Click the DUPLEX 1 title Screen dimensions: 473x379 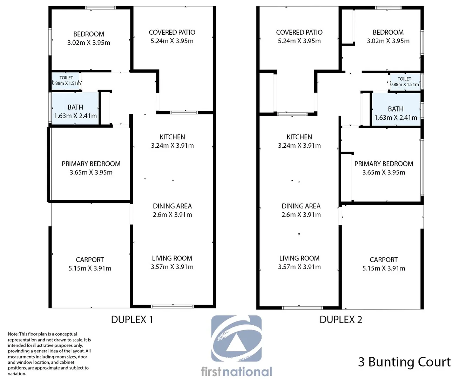point(132,320)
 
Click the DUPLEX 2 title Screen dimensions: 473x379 point(341,320)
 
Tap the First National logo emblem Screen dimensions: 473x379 point(236,338)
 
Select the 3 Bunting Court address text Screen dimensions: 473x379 point(404,362)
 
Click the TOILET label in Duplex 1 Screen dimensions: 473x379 point(66,78)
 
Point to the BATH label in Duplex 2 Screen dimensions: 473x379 point(396,109)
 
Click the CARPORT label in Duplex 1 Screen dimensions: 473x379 point(90,260)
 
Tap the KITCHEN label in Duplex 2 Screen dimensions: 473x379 point(299,137)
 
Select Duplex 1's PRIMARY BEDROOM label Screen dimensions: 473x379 point(91,164)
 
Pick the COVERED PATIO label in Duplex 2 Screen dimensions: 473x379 point(299,32)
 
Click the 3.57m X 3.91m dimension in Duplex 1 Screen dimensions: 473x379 point(172,267)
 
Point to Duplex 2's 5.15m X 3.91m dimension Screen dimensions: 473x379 point(384,268)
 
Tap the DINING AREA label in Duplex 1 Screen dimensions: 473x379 point(172,206)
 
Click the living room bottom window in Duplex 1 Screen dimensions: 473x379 point(172,306)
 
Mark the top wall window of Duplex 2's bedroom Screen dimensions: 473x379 point(388,8)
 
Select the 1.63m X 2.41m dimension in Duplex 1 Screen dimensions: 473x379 point(75,116)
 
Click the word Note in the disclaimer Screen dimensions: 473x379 point(13,334)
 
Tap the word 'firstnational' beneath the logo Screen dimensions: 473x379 point(236,372)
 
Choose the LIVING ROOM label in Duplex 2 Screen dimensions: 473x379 point(299,258)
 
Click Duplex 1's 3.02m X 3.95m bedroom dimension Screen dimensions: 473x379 point(89,43)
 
